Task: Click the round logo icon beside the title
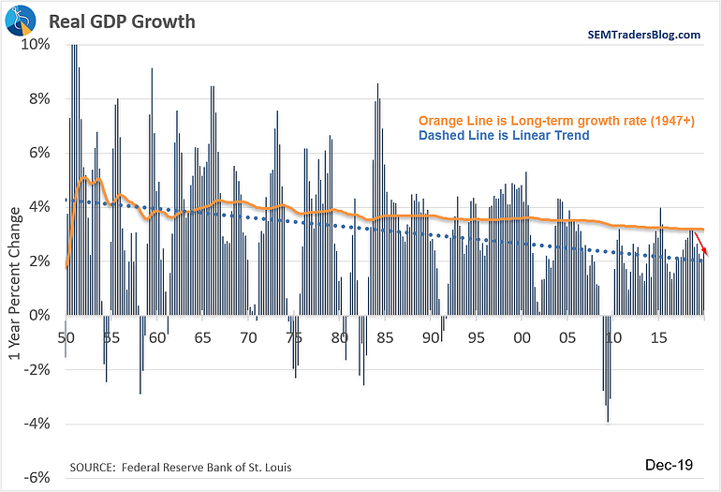[24, 20]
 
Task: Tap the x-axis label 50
[66, 336]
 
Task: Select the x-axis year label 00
[522, 336]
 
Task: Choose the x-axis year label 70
[248, 336]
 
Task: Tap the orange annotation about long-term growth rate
[556, 120]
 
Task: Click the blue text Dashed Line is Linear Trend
[505, 136]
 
